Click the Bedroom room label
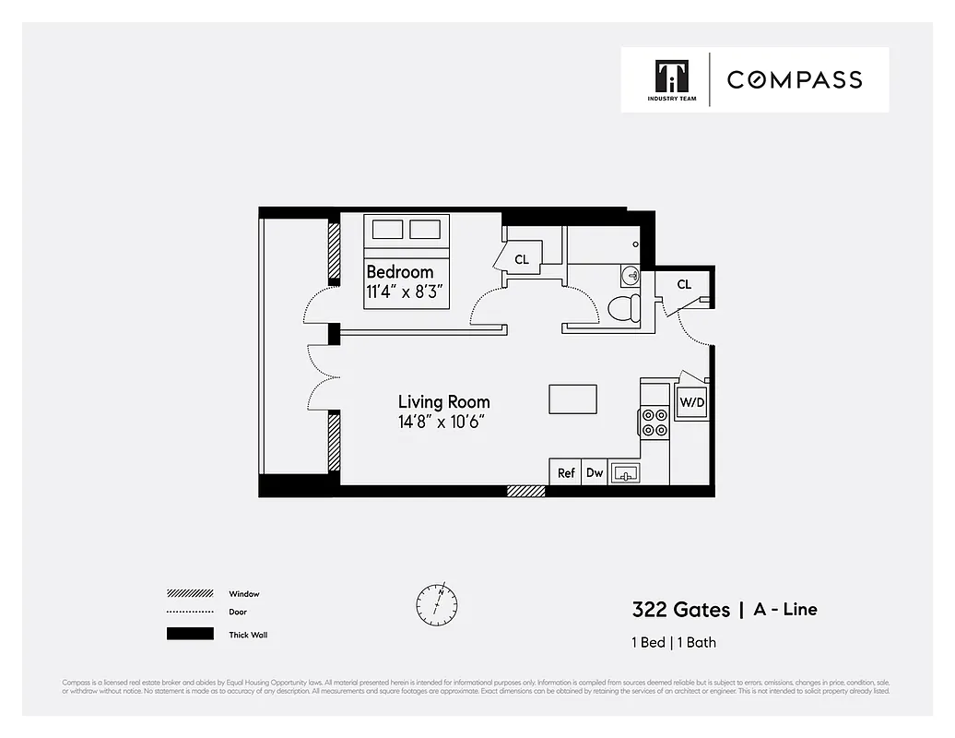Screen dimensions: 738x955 [x=399, y=272]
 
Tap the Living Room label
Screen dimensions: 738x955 [x=443, y=402]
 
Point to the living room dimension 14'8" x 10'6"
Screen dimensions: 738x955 [x=442, y=423]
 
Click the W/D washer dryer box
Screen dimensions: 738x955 [x=690, y=403]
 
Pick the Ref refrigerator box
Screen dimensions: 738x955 [x=566, y=472]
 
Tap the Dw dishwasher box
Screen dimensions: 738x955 [x=595, y=472]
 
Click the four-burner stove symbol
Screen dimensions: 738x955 [x=654, y=423]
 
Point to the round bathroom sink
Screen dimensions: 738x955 [x=631, y=276]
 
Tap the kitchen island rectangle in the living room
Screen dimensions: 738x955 [x=572, y=399]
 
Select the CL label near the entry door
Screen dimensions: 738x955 [x=684, y=285]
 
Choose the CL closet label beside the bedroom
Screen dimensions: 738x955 [x=522, y=260]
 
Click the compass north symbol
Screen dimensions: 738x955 [x=436, y=604]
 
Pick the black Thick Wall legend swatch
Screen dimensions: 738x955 [x=189, y=635]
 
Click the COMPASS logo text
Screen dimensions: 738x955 [x=795, y=79]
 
